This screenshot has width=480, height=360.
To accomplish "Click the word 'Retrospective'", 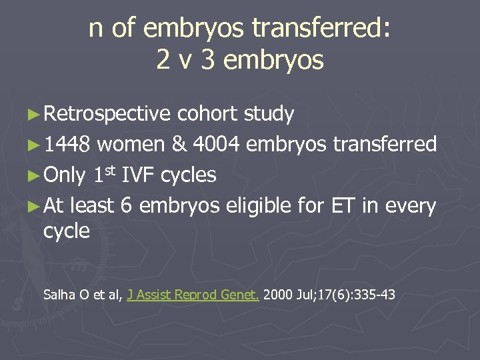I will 107,114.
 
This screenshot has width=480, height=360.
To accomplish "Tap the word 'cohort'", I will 207,114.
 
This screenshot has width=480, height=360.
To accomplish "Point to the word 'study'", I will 269,114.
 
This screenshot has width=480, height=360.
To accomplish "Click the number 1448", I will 70,144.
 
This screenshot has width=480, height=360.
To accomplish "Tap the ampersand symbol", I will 179,144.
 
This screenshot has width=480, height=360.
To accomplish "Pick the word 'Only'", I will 65,175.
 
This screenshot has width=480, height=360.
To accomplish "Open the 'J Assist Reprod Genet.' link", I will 193,293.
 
